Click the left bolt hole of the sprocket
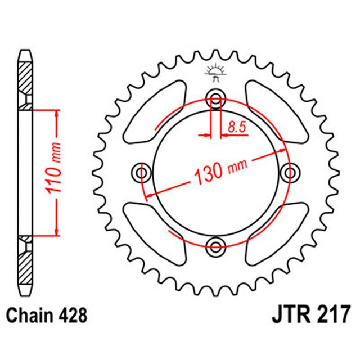(x=141, y=171)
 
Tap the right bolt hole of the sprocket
(x=290, y=171)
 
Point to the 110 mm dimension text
(x=55, y=172)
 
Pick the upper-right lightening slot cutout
(x=276, y=111)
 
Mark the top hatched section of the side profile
(x=25, y=79)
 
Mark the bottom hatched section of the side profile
(x=25, y=264)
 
